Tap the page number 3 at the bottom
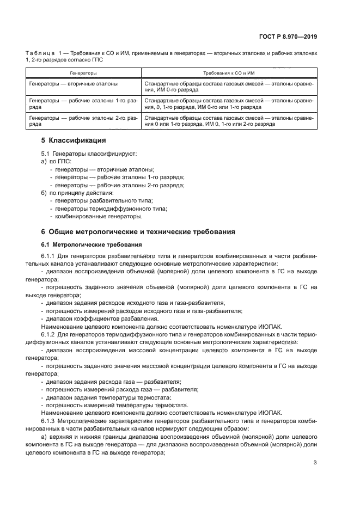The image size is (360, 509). point(315,463)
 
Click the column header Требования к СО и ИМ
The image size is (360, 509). point(229,72)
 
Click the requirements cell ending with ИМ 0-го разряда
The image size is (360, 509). point(229,87)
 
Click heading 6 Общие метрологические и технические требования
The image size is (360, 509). point(138,231)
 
